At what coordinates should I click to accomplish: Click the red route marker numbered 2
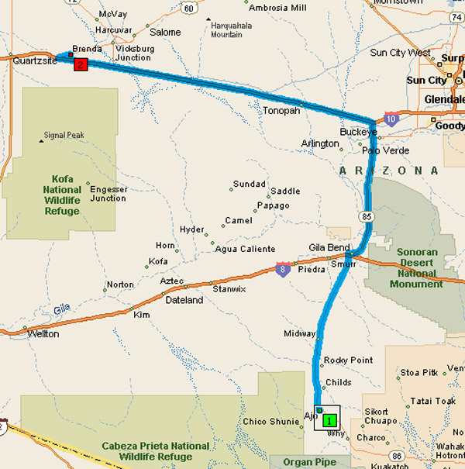click(80, 64)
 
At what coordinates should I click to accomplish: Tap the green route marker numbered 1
click(329, 419)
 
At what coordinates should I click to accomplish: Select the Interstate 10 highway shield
click(391, 119)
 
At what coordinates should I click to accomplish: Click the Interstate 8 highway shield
click(284, 270)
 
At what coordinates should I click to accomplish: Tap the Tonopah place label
click(281, 110)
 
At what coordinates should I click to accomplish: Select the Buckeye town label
click(357, 132)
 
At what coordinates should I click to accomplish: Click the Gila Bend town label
click(329, 247)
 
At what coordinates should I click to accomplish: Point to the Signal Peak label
click(66, 134)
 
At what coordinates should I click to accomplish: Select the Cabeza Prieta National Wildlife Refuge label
click(155, 451)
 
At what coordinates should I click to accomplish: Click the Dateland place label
click(184, 300)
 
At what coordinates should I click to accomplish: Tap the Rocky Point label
click(348, 360)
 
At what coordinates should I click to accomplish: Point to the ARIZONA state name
click(388, 170)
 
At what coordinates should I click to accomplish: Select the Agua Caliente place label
click(246, 249)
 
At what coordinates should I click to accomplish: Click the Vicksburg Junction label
click(133, 53)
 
